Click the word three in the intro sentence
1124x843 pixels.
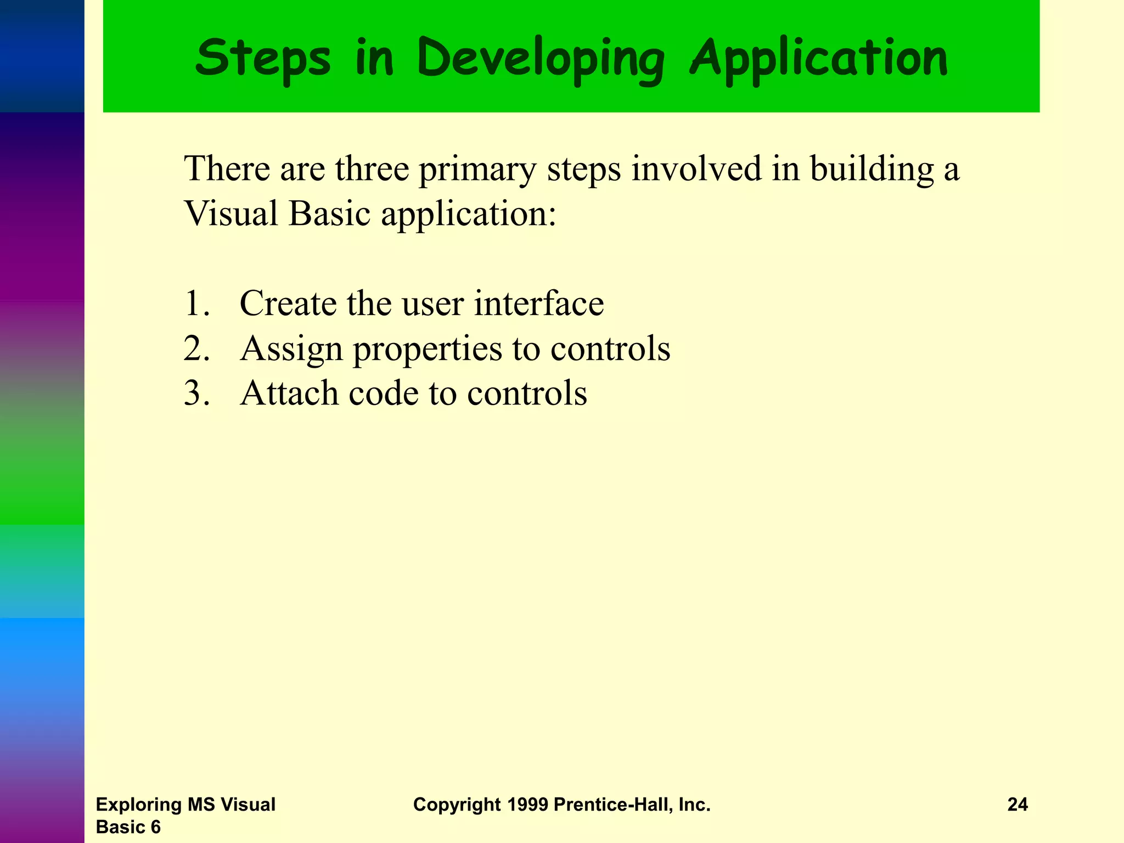pos(372,168)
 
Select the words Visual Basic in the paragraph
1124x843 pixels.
pos(278,213)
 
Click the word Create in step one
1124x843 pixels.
pos(288,304)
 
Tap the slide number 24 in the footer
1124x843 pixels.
pos(1018,805)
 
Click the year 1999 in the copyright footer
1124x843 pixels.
pos(527,805)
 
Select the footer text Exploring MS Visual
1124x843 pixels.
pos(186,805)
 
